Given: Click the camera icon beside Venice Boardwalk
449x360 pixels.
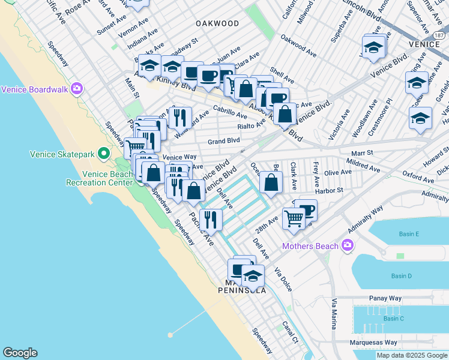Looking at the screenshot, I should (x=77, y=89).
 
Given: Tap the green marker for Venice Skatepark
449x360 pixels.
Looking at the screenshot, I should (x=104, y=154).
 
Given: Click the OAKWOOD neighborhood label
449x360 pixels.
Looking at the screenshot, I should (x=217, y=23).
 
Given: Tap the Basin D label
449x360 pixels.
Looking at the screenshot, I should (x=401, y=276).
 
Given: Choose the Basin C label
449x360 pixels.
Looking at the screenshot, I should (x=394, y=318).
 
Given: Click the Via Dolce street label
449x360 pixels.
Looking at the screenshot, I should (x=283, y=280).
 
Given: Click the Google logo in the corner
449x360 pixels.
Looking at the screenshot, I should (x=20, y=353).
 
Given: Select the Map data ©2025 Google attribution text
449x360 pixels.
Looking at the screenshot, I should (x=411, y=355).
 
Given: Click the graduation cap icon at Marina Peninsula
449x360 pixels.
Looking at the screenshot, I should (x=253, y=275).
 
